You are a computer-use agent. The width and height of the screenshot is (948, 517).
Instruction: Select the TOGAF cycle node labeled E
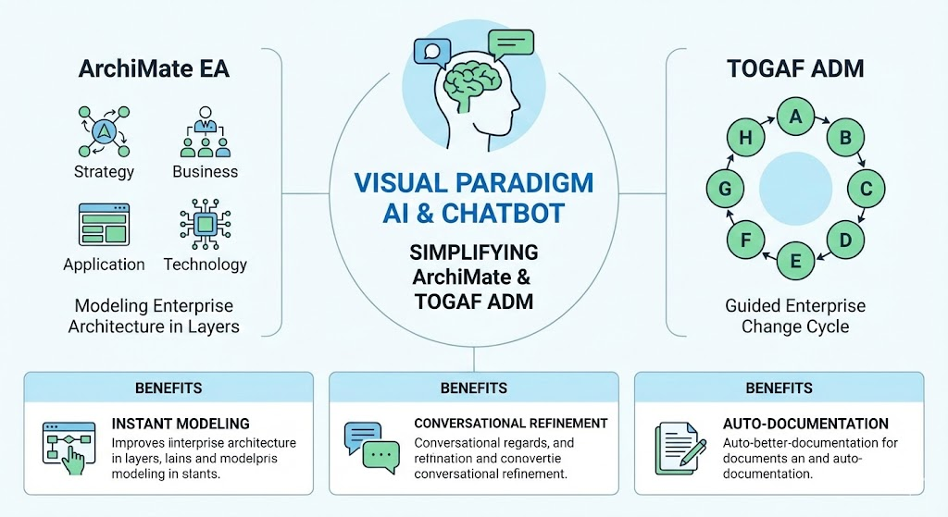tap(794, 262)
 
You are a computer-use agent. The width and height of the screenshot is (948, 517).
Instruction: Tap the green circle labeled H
tap(744, 138)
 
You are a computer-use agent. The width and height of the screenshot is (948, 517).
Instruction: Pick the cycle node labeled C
tap(867, 189)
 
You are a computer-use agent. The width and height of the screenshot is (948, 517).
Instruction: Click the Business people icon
tap(205, 133)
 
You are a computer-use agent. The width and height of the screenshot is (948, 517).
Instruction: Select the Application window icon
tap(104, 225)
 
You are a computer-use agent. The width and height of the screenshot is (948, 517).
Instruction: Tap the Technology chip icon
tap(205, 225)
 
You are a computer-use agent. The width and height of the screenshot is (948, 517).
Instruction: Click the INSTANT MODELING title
tap(181, 424)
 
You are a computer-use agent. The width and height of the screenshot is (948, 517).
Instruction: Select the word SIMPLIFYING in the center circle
tap(474, 253)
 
